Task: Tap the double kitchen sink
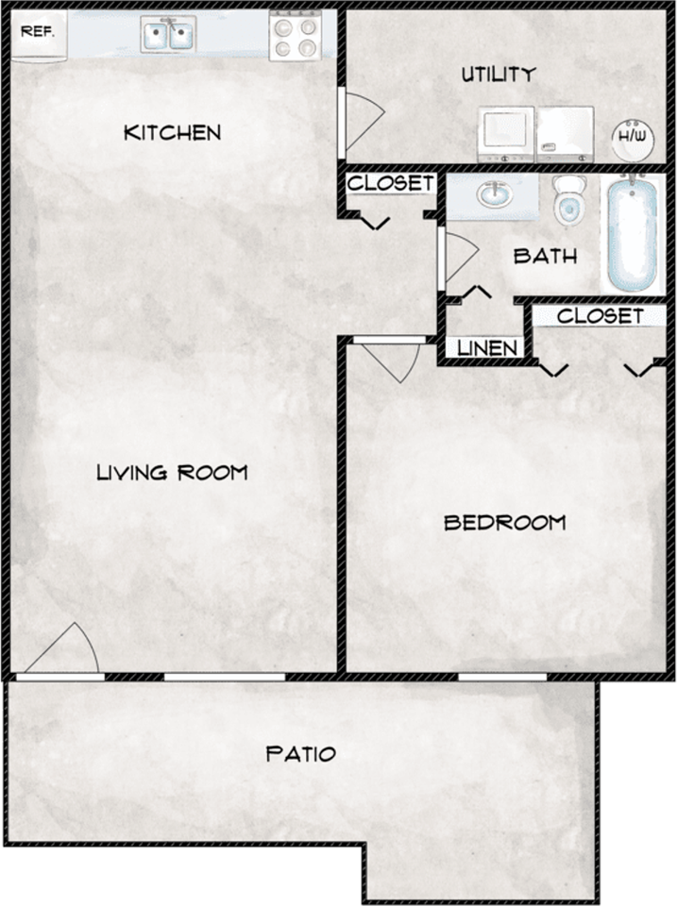tap(168, 35)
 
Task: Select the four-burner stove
tap(295, 36)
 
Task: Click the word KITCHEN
tap(173, 132)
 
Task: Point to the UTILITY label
tap(499, 75)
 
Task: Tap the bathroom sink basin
tap(492, 195)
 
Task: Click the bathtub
tap(632, 232)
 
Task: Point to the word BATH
tap(545, 256)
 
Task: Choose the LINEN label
tap(487, 348)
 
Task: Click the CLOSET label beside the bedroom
tap(600, 316)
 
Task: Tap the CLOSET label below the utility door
tap(390, 183)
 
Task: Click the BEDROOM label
tap(504, 522)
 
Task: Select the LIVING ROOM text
tap(172, 472)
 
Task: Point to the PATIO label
tap(300, 754)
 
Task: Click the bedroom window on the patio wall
tap(502, 676)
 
